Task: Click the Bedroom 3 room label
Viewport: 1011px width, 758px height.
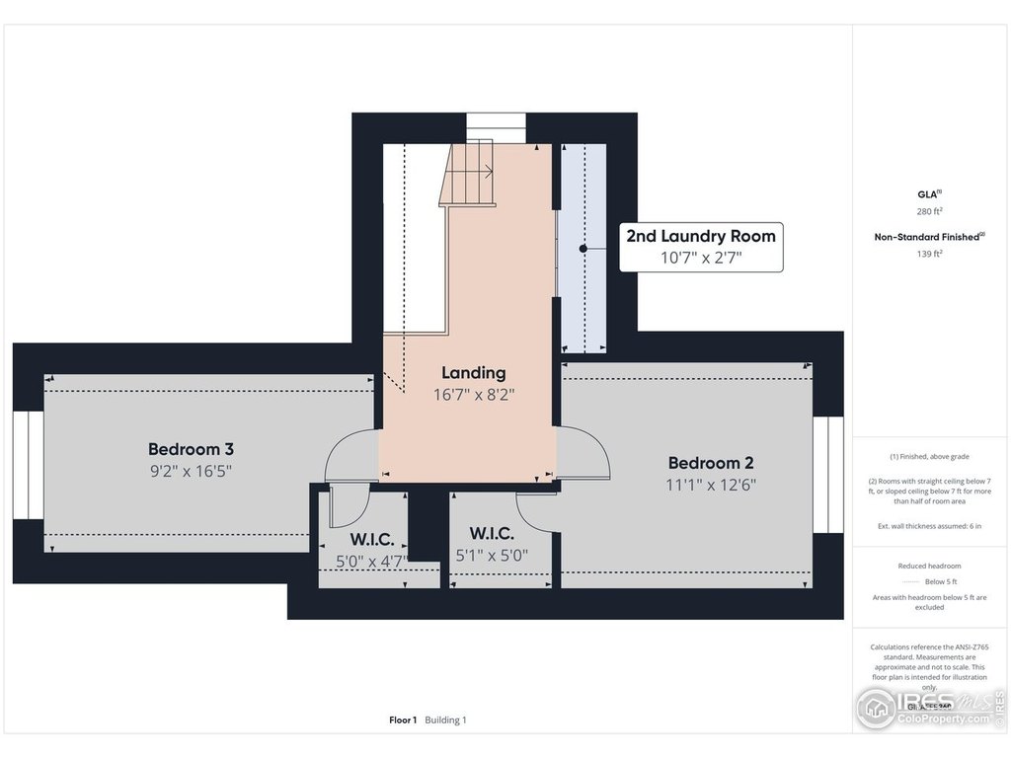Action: point(191,449)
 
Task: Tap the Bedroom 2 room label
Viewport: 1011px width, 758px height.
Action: point(711,463)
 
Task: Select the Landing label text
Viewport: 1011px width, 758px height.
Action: point(474,373)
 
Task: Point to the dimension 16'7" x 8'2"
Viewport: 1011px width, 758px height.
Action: point(474,394)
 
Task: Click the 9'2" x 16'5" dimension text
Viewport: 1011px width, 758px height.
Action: point(191,472)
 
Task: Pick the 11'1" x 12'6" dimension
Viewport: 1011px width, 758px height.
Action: point(712,485)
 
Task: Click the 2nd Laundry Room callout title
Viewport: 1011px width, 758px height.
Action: point(701,236)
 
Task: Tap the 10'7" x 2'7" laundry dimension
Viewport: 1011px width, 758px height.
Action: point(701,258)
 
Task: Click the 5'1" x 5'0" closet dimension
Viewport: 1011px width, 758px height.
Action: point(492,556)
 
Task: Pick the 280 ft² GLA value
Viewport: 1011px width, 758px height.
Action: point(928,211)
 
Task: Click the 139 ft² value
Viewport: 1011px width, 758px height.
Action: point(928,253)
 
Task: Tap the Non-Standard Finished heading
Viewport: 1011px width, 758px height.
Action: point(928,237)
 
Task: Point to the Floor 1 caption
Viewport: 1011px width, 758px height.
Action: point(403,720)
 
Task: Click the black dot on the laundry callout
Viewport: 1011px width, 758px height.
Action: point(583,249)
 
